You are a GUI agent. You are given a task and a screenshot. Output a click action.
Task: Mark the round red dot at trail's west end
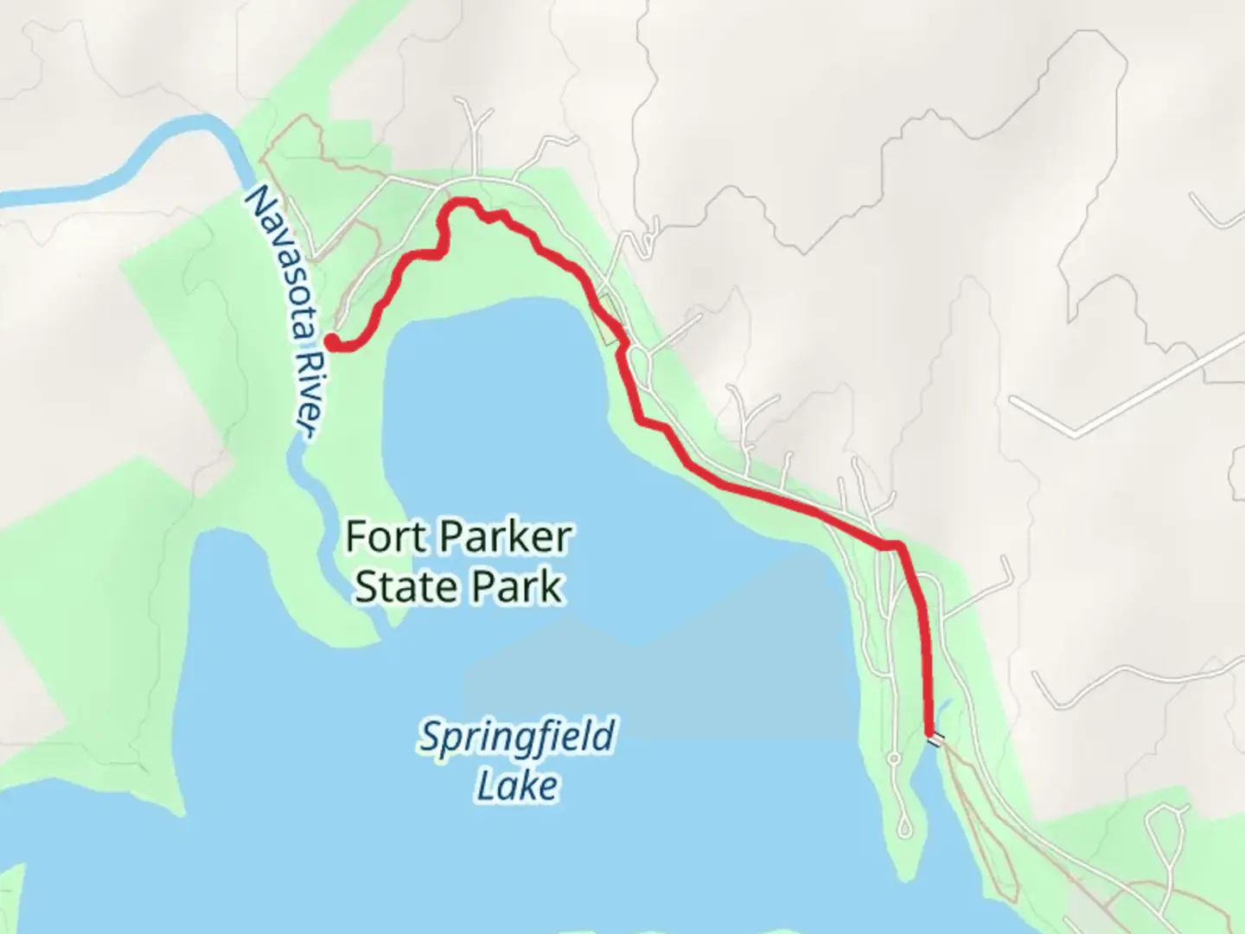(x=331, y=342)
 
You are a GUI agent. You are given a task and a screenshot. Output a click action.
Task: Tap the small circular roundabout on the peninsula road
(x=894, y=760)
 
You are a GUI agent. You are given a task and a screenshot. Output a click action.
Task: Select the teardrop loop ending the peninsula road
(x=903, y=826)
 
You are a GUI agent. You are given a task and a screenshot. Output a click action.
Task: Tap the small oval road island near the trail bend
(x=638, y=354)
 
